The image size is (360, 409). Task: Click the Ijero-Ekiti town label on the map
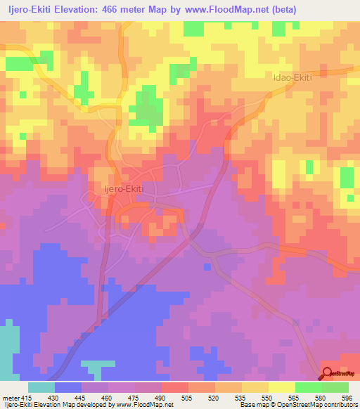pyautogui.click(x=114, y=189)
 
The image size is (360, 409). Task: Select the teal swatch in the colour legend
pyautogui.click(x=41, y=387)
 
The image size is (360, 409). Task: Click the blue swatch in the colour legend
pyautogui.click(x=68, y=387)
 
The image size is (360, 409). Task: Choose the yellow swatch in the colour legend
pyautogui.click(x=281, y=387)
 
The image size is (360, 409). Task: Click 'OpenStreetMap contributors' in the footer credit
pyautogui.click(x=317, y=405)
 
